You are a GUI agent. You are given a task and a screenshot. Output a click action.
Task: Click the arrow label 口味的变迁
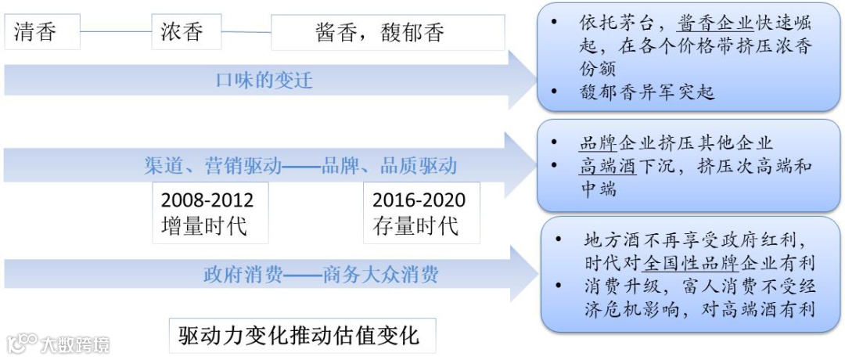tap(264, 81)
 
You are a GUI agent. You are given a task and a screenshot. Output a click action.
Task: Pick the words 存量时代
tap(415, 226)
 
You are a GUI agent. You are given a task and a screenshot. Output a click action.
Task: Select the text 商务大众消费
tap(380, 275)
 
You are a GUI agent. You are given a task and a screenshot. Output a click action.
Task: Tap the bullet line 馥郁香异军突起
tap(647, 92)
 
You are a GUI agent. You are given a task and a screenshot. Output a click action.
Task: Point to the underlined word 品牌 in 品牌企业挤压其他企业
tap(598, 143)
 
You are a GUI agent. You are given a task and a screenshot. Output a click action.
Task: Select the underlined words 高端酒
tap(608, 166)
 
